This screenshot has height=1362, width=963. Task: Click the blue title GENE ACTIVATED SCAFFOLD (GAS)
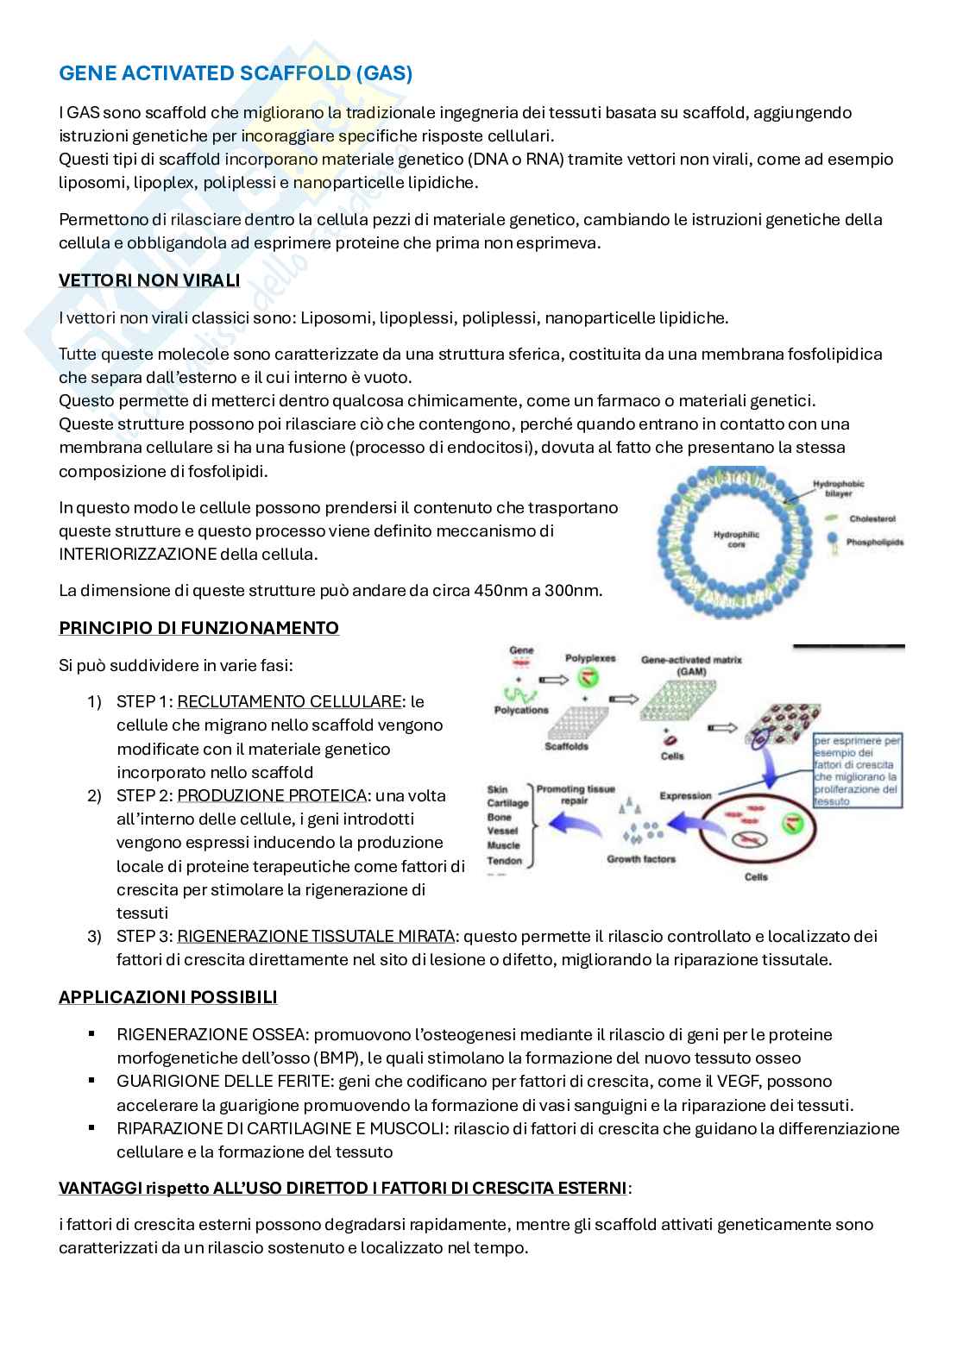(236, 74)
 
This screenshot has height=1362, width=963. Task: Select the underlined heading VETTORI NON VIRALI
(149, 281)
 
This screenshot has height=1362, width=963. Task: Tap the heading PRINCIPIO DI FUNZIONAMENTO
(198, 628)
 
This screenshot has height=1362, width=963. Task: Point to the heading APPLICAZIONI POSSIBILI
(167, 997)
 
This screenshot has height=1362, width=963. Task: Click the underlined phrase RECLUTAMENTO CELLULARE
(290, 701)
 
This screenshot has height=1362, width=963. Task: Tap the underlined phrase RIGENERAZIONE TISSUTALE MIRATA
(316, 936)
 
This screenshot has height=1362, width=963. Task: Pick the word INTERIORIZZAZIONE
(137, 554)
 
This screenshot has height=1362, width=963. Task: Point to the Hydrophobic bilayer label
(838, 490)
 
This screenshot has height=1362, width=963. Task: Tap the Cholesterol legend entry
(872, 519)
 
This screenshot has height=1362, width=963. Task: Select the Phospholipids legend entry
(875, 543)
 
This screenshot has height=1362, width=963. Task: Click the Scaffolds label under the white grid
(566, 746)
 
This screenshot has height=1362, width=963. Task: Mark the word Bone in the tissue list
(500, 817)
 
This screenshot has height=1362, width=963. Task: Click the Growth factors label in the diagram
(641, 859)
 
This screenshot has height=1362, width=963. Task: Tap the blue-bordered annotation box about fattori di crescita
(858, 770)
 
